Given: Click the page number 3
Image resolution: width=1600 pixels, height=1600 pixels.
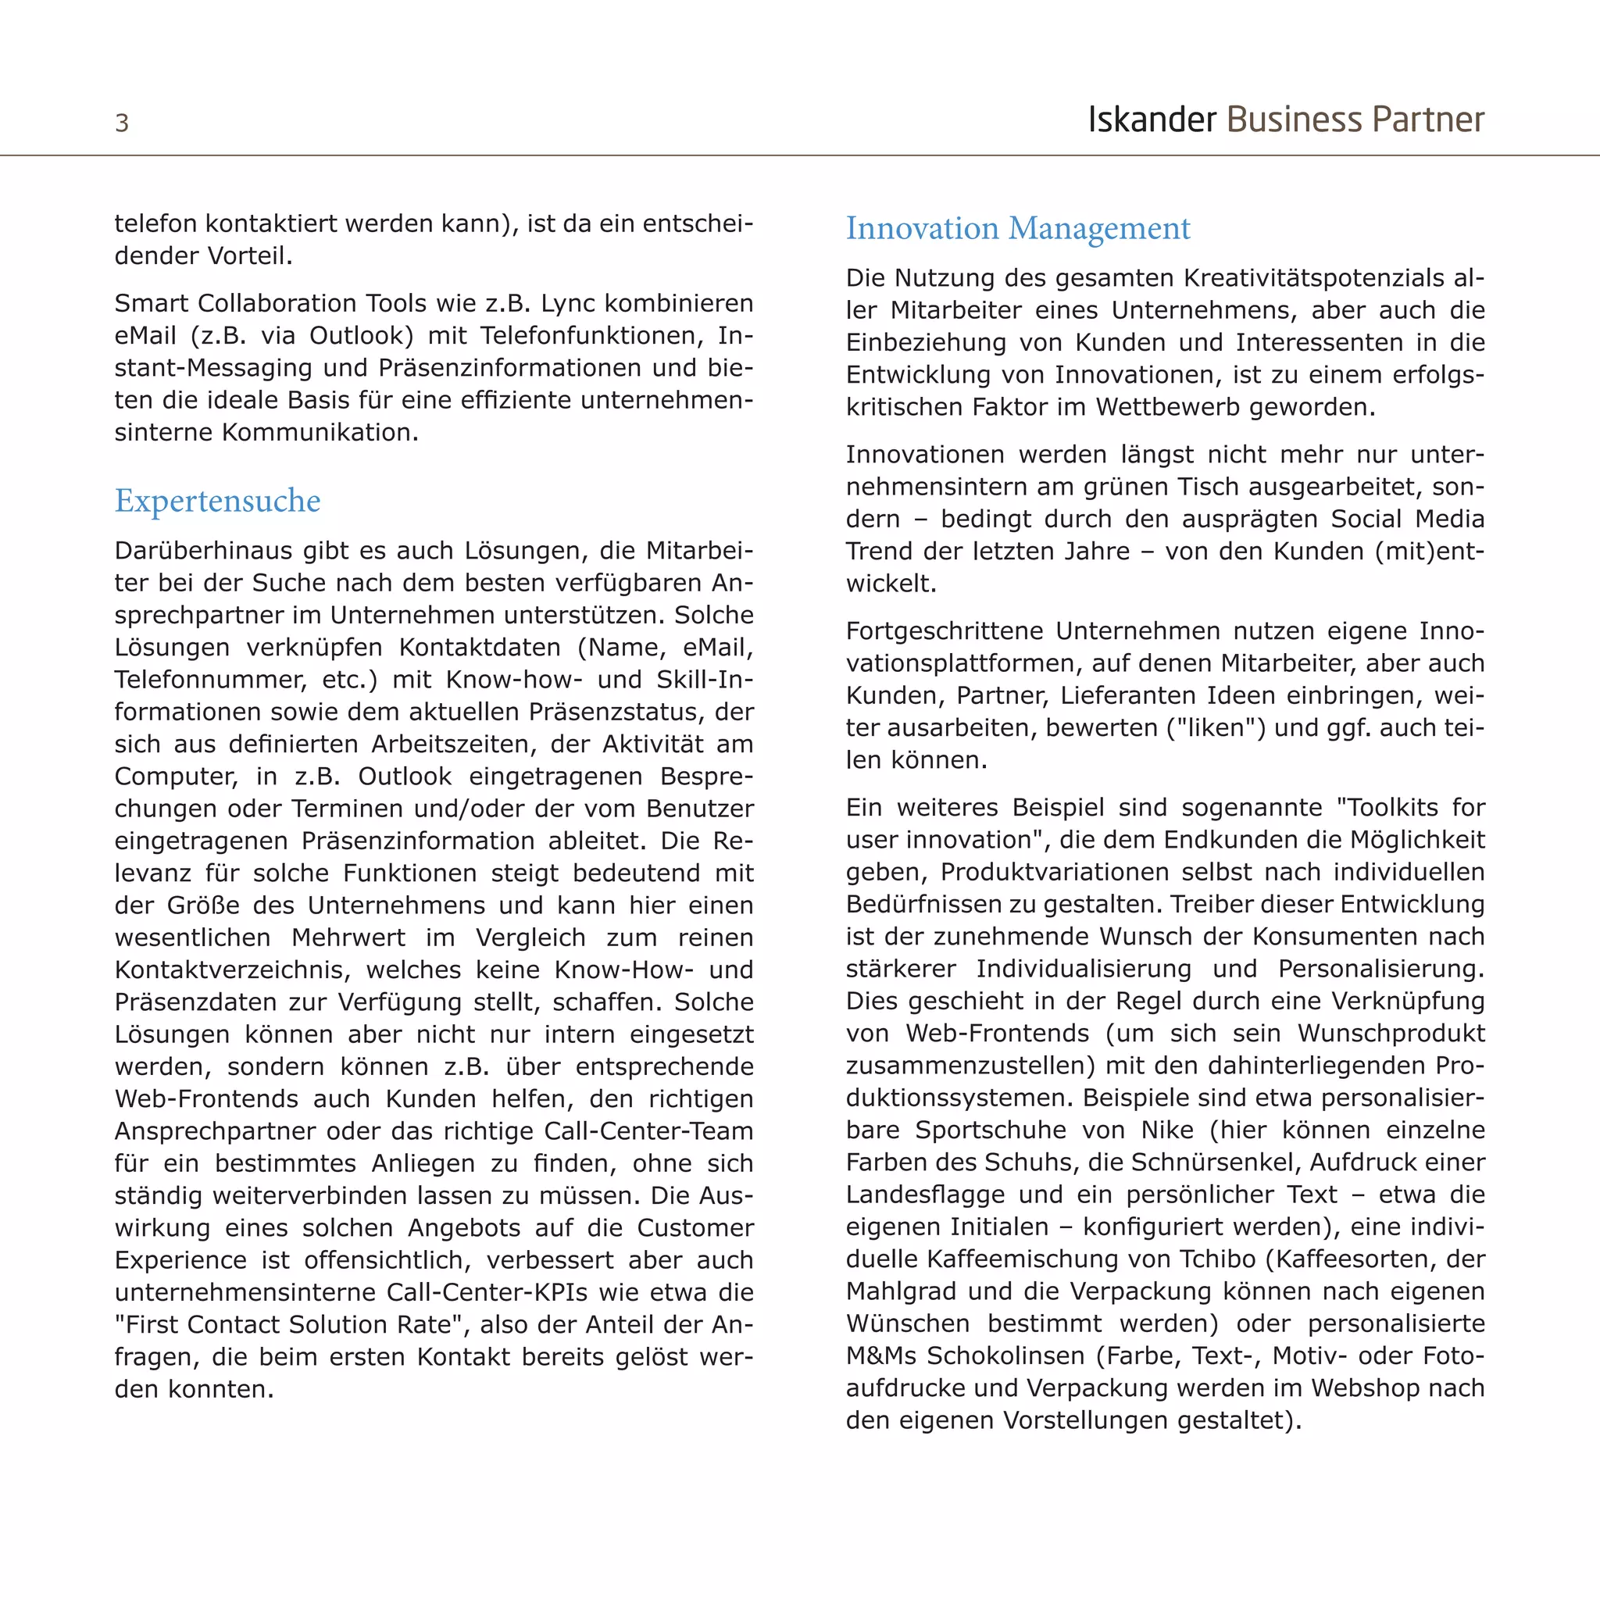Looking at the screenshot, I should [x=122, y=123].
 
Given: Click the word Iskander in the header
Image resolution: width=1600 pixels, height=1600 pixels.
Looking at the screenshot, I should [x=1151, y=120].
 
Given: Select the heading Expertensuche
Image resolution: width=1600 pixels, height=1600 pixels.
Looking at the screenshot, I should [x=217, y=501].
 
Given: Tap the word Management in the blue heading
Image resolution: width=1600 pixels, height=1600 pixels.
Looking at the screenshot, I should [x=1099, y=229].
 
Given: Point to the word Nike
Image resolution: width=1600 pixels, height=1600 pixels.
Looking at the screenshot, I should [x=1167, y=1130].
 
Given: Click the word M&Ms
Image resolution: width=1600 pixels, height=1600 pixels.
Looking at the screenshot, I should [x=881, y=1355].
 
